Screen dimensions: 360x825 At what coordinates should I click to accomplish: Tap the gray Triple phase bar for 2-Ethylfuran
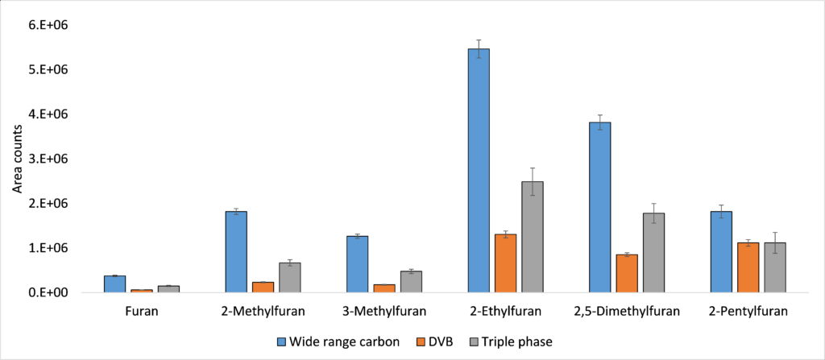pyautogui.click(x=532, y=237)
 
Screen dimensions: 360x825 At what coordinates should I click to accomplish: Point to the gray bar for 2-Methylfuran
pyautogui.click(x=289, y=278)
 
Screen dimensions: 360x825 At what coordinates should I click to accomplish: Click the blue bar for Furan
pyautogui.click(x=114, y=284)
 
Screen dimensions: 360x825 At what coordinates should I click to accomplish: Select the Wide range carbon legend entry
pyautogui.click(x=338, y=341)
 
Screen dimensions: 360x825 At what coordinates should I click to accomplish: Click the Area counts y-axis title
pyautogui.click(x=17, y=159)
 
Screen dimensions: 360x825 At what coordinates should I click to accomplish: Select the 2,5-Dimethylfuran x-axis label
pyautogui.click(x=627, y=311)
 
